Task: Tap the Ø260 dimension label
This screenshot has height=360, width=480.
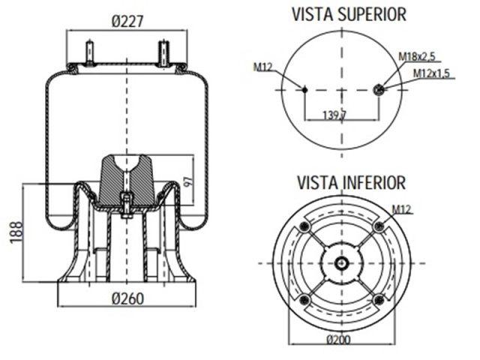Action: pyautogui.click(x=127, y=298)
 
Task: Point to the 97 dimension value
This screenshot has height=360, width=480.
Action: pyautogui.click(x=187, y=181)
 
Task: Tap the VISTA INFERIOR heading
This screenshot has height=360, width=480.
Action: pyautogui.click(x=341, y=182)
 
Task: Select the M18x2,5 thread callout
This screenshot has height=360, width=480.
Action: pyautogui.click(x=417, y=56)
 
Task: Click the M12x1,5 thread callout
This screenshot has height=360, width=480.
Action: pyautogui.click(x=432, y=73)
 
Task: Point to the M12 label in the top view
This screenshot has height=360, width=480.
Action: pyautogui.click(x=262, y=68)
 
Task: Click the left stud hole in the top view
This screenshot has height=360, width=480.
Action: pyautogui.click(x=304, y=90)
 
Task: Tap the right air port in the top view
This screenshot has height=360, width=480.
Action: pyautogui.click(x=378, y=90)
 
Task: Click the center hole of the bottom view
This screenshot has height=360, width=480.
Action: pyautogui.click(x=341, y=263)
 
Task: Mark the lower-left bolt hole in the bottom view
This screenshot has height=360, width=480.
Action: pyautogui.click(x=304, y=300)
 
